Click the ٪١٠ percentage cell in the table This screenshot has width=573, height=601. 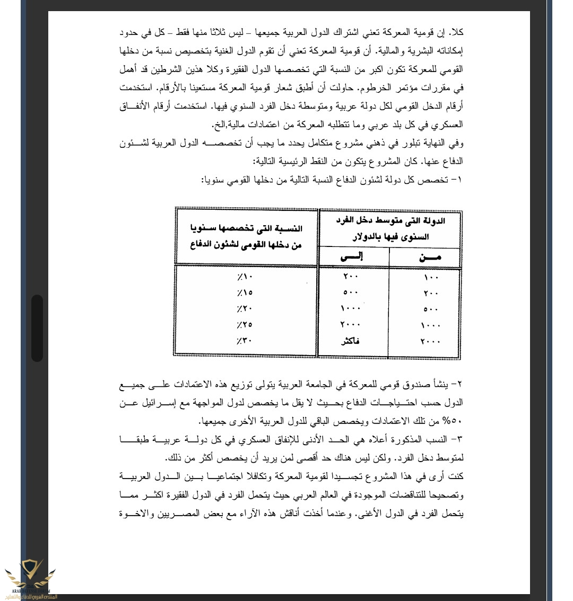(246, 277)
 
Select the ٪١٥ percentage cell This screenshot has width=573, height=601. (246, 293)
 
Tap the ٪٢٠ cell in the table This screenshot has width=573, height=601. (246, 308)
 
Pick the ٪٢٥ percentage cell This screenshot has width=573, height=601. (246, 324)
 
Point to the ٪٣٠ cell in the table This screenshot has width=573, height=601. (246, 341)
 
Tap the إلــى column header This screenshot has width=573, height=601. (351, 257)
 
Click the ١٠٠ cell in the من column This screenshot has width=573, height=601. (432, 277)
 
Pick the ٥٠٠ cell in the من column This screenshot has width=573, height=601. (432, 309)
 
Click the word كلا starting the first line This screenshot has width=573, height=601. (457, 32)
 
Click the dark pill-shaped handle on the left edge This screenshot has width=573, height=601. (37, 328)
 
